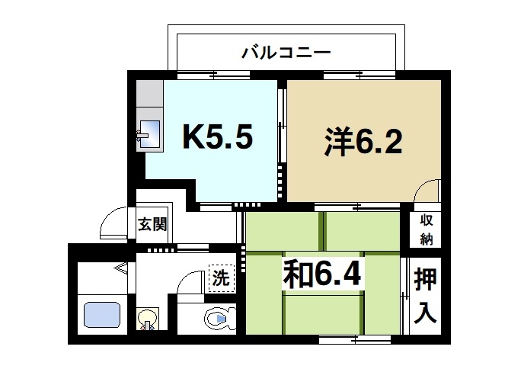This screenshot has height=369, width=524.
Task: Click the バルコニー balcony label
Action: coord(285,53)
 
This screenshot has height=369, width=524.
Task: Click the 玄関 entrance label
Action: coord(152,225)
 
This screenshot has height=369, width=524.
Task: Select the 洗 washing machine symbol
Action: coord(221,278)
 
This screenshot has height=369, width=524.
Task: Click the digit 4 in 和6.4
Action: coord(349,274)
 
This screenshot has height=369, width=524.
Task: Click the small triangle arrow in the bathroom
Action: coord(120,268)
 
